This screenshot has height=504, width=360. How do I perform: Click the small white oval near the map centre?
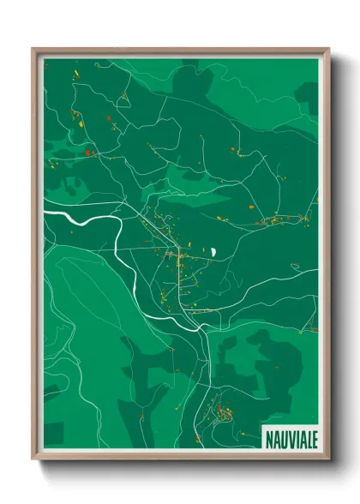click(213, 252)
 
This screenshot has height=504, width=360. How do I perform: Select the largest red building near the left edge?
click(87, 153)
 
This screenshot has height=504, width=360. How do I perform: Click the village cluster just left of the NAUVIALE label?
click(221, 411)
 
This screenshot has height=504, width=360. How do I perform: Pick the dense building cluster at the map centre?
click(171, 253)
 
